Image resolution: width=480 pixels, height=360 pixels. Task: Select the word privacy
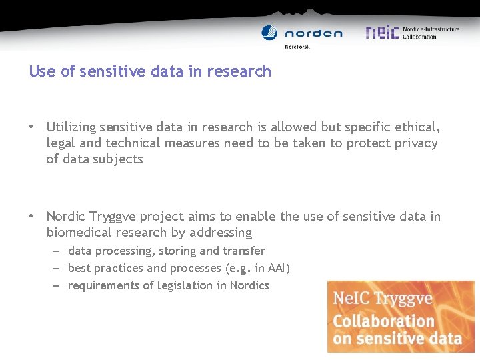(416, 143)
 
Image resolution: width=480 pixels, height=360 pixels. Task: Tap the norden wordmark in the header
(313, 33)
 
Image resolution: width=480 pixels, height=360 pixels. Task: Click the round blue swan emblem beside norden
(270, 32)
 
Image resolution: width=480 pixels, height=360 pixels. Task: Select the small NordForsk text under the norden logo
(297, 47)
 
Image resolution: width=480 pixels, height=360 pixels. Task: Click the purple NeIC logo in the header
(382, 32)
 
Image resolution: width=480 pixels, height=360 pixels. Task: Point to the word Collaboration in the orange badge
(383, 321)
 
